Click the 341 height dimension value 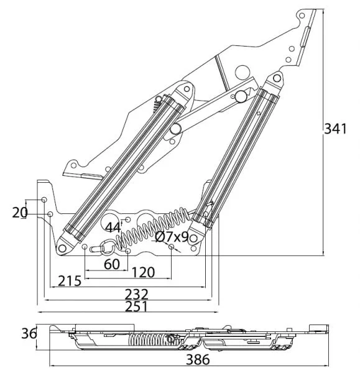(335, 129)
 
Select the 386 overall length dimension (198, 359)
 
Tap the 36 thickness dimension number (29, 333)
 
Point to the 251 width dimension (136, 306)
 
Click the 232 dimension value (136, 294)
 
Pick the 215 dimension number (70, 281)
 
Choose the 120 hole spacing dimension (143, 272)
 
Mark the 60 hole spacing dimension (112, 264)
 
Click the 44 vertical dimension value (113, 228)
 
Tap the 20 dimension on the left (20, 213)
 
